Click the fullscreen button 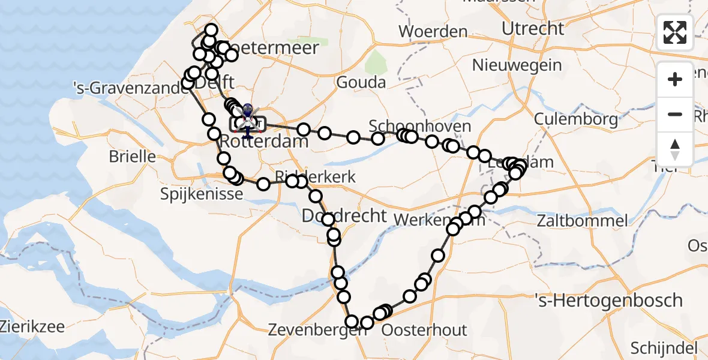point(675,32)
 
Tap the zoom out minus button point(675,114)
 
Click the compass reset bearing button point(675,149)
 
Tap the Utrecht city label point(533,29)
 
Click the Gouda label point(361,82)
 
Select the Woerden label point(433,31)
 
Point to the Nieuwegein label point(517,65)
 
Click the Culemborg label point(575,119)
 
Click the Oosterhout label point(424,330)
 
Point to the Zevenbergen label point(310,330)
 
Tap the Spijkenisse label point(202,194)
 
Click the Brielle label point(132,157)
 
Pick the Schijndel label point(663,348)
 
